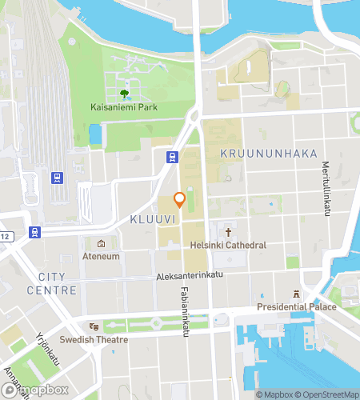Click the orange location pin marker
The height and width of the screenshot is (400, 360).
click(x=180, y=200)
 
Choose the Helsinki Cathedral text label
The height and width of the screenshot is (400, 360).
click(x=228, y=245)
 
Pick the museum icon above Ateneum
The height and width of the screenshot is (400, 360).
click(x=102, y=244)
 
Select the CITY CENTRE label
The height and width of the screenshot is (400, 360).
click(x=52, y=283)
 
